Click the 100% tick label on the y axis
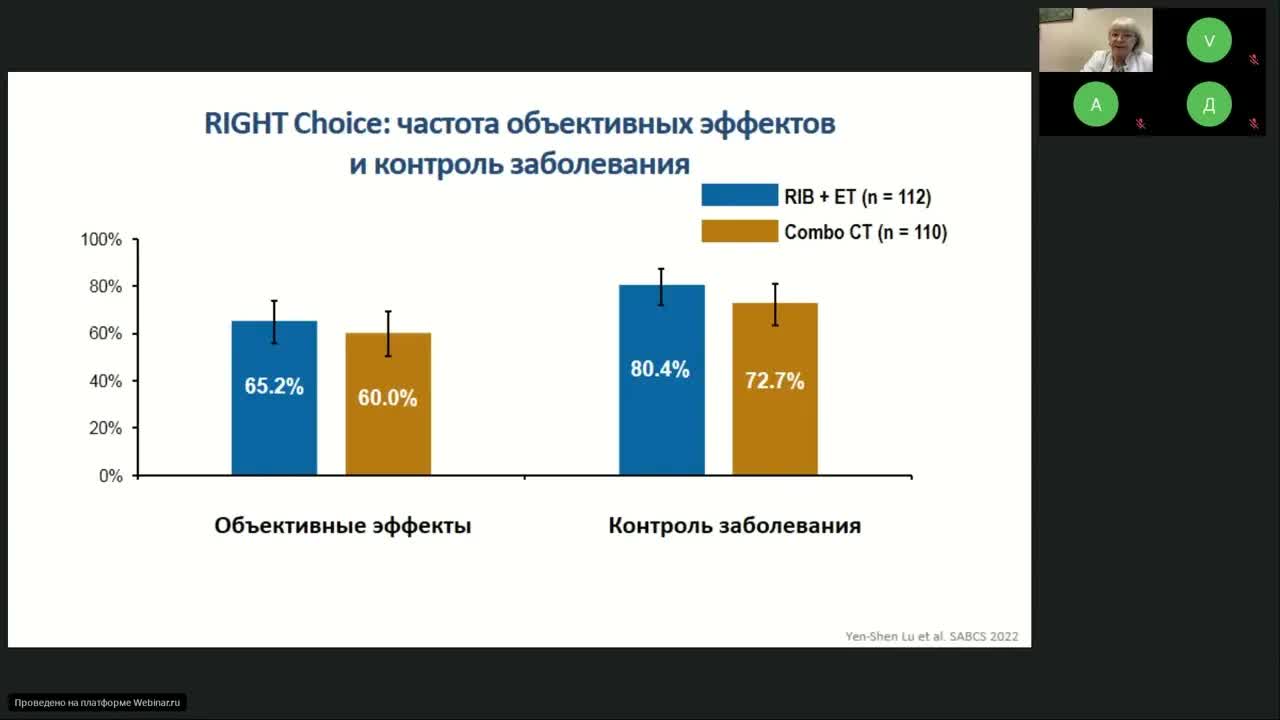point(101,240)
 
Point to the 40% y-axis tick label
point(105,381)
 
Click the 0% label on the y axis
point(110,476)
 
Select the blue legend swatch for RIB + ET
point(739,195)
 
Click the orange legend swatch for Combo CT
point(739,231)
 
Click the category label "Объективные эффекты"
point(343,526)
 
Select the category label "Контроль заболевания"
point(734,526)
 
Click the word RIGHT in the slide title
point(245,124)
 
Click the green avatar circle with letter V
point(1209,41)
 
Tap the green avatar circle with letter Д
point(1209,104)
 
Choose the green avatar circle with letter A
point(1096,104)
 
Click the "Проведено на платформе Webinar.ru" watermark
point(97,703)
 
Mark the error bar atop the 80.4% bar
point(661,286)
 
